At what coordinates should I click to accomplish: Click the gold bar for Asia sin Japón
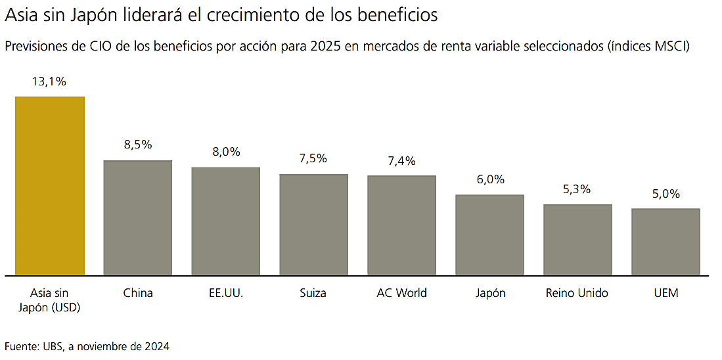point(50,186)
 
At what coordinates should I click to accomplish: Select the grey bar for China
point(138,217)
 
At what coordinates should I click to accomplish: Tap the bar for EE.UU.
point(226,221)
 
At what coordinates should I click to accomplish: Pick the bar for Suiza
point(313,224)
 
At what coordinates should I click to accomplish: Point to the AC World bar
point(401,225)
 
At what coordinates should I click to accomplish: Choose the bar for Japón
point(489,235)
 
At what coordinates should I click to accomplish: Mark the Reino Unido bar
point(577,239)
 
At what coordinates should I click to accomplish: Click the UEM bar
point(666,241)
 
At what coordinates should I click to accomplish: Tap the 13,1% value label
point(49,82)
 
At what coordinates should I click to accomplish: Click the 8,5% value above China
point(138,145)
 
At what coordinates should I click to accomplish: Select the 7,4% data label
point(401,161)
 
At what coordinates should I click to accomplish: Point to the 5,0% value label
point(666,194)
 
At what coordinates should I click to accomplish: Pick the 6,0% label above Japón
point(490,180)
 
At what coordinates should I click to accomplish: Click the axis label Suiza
point(313,293)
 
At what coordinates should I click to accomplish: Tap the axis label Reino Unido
point(577,293)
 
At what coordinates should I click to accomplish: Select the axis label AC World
point(401,293)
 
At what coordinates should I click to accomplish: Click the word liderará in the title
point(134,14)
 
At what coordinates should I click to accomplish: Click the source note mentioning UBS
point(87,346)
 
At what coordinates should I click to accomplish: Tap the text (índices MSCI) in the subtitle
point(648,47)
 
